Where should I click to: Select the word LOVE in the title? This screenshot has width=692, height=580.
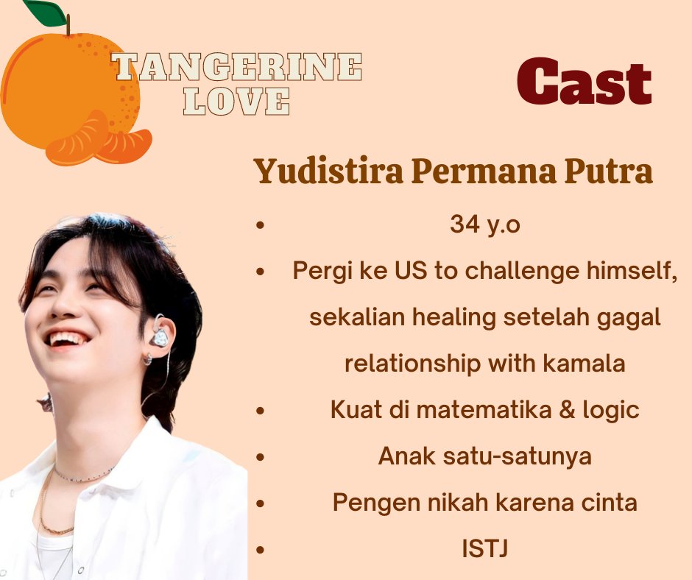coord(236,102)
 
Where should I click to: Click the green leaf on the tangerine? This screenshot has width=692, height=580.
coord(45,10)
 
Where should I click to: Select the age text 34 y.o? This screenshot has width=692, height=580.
coord(484,225)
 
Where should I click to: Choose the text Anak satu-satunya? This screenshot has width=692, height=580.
coord(484,456)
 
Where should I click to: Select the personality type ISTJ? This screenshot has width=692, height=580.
coord(484,549)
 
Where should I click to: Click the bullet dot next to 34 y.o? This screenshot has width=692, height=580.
coord(260,225)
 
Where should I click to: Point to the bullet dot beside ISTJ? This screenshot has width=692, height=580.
coord(260,550)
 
